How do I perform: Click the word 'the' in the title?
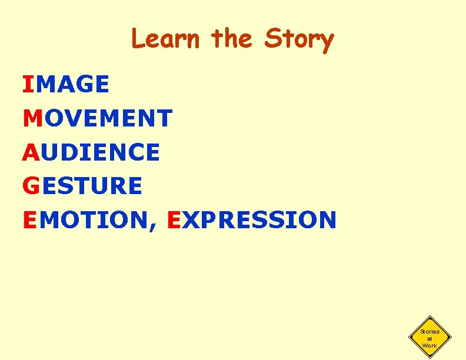tap(232, 39)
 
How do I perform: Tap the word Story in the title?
tap(299, 40)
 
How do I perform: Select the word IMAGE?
tap(66, 85)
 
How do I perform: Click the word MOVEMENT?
tap(98, 118)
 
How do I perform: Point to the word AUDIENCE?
tap(91, 152)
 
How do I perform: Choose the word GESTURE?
tap(82, 186)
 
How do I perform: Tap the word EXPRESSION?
tap(252, 220)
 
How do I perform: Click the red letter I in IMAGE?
tap(28, 85)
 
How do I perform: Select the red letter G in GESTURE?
tap(31, 186)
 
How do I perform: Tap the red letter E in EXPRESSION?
tap(174, 220)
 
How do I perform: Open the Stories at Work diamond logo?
tap(430, 338)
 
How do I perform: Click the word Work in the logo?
tap(430, 345)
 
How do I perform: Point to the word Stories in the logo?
tap(430, 332)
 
